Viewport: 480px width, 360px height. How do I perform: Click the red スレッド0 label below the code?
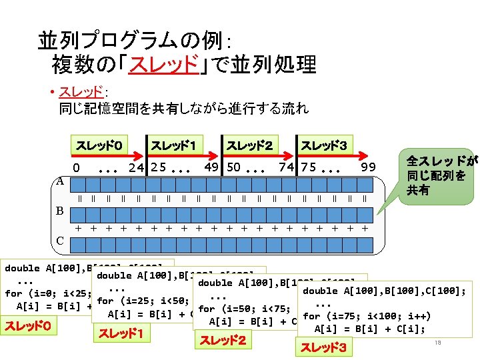coord(27,327)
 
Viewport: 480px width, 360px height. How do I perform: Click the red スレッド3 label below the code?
coord(323,347)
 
